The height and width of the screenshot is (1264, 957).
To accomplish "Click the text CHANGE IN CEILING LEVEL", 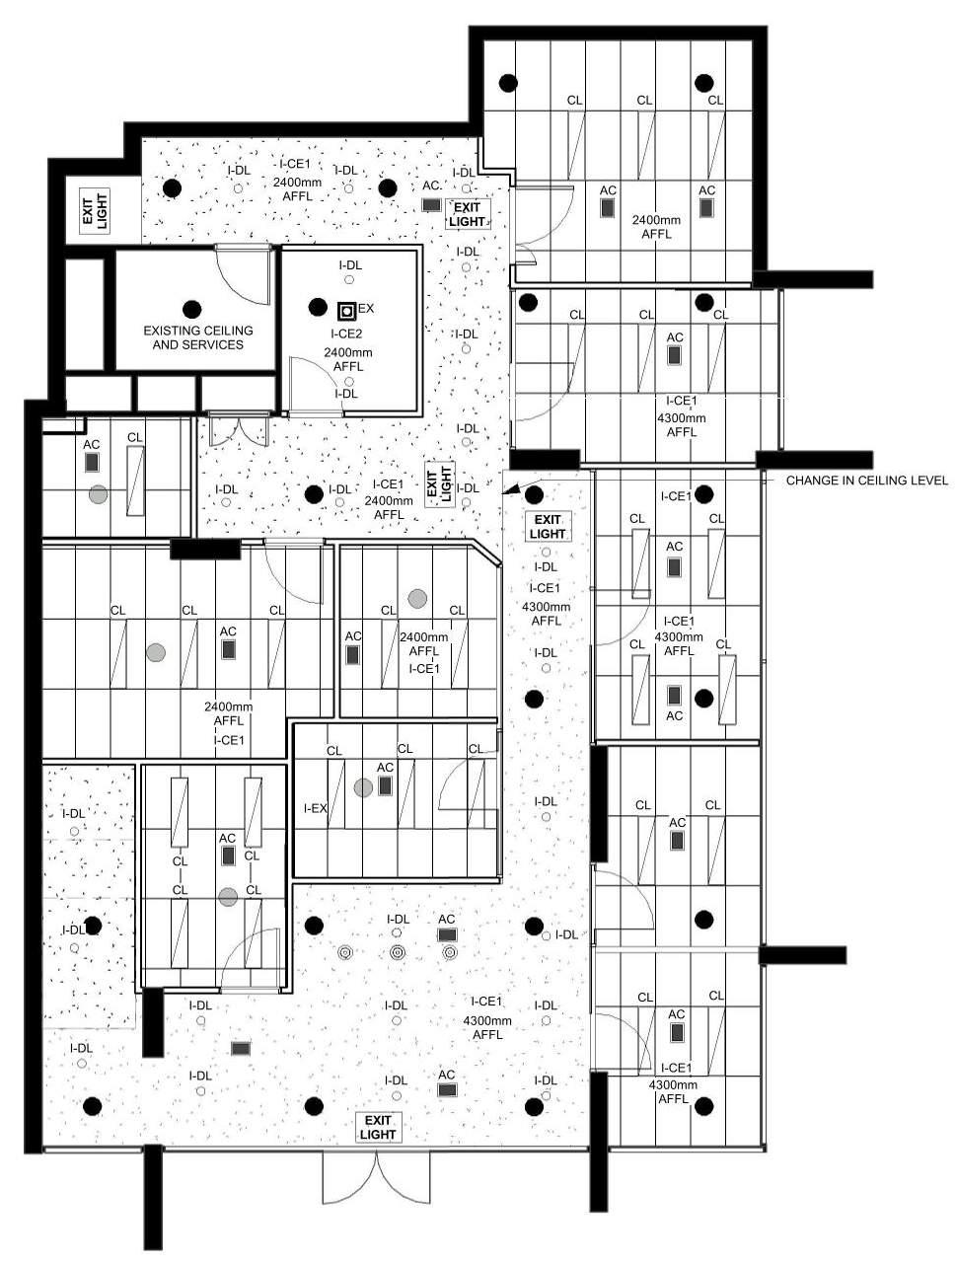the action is tap(866, 481).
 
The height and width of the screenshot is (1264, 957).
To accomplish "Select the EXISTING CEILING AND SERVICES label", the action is tap(197, 337).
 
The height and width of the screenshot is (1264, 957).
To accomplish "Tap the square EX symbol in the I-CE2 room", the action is tap(346, 310).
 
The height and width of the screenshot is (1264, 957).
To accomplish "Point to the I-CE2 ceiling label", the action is tap(346, 334).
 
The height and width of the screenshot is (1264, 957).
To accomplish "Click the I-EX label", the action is tap(315, 808).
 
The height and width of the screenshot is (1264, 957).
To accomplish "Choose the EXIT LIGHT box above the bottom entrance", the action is tap(377, 1127).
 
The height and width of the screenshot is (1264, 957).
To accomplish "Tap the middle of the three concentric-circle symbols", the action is tap(397, 952).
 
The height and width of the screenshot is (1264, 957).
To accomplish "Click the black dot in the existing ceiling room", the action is tap(191, 309).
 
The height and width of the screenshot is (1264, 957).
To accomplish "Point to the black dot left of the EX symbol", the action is tap(317, 307).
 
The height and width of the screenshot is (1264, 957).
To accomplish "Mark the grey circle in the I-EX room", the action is tap(363, 786).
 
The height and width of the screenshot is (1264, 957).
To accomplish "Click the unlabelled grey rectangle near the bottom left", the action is tap(240, 1048).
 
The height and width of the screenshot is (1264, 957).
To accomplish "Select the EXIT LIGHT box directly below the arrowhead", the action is tap(548, 527).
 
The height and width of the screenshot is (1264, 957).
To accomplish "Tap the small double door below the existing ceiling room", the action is tap(238, 430).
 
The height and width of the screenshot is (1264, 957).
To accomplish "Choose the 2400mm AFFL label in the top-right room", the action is tap(656, 227).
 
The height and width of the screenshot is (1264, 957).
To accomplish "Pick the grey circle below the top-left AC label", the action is tap(97, 494).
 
